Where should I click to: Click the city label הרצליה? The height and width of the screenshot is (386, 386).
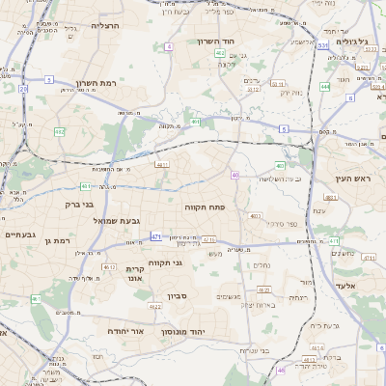(105, 26)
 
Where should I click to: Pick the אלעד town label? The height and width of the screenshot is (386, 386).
(345, 286)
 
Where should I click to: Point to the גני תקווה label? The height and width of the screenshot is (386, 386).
(167, 262)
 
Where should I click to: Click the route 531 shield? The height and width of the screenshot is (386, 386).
(321, 45)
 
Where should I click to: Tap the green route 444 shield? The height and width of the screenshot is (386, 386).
(325, 86)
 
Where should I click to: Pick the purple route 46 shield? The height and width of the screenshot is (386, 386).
(281, 370)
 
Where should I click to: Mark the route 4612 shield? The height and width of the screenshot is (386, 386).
(110, 267)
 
